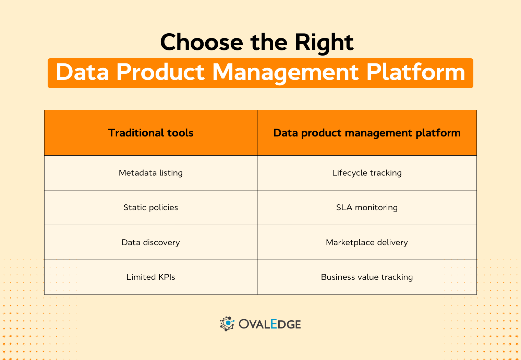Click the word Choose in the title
(202, 43)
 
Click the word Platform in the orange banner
(415, 73)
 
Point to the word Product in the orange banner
(160, 73)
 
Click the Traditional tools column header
(151, 133)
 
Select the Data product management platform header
(367, 133)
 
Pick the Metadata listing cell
(151, 173)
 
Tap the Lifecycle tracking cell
(367, 173)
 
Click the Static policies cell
(151, 207)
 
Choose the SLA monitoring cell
(367, 207)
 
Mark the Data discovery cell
(151, 242)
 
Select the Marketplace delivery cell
(367, 242)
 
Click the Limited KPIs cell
(151, 277)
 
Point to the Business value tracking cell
(367, 277)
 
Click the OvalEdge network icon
(227, 324)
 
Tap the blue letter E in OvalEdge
(274, 324)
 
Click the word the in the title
(269, 43)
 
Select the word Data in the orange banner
(82, 73)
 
